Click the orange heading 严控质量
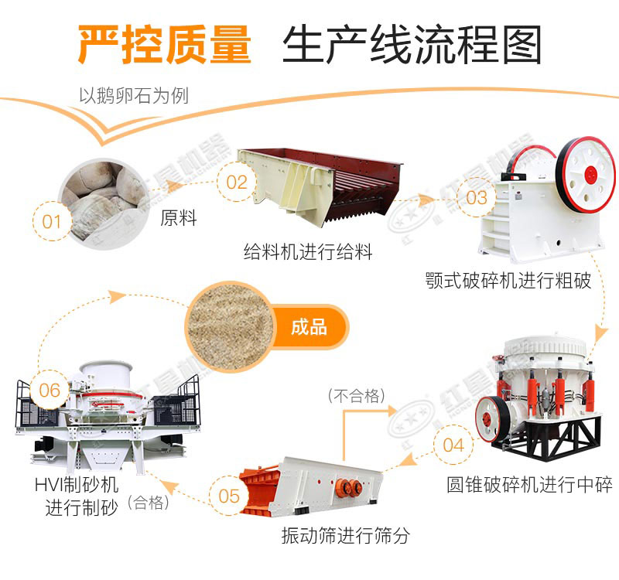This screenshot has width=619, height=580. click(x=164, y=45)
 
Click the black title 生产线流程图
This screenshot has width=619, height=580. click(x=411, y=45)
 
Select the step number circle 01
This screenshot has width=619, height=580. click(x=51, y=222)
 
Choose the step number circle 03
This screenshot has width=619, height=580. click(x=477, y=197)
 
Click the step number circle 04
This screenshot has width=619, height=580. click(x=453, y=445)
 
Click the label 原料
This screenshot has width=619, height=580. click(x=179, y=218)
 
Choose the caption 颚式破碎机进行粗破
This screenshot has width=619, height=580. click(x=508, y=280)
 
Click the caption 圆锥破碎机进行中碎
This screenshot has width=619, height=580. click(x=529, y=485)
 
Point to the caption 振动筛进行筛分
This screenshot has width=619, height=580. click(x=345, y=534)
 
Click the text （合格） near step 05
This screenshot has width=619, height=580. click(x=149, y=503)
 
